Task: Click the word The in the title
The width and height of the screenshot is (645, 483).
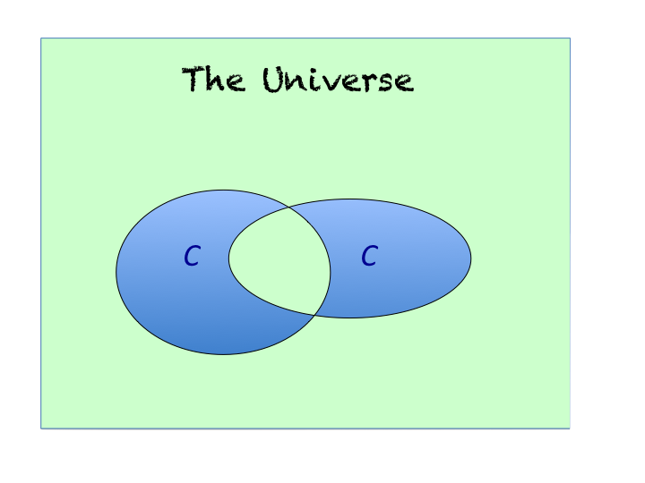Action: (213, 80)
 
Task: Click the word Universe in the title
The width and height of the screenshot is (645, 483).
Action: (338, 80)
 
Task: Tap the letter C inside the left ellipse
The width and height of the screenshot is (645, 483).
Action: (191, 258)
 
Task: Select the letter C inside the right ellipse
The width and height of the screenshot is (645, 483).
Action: (369, 257)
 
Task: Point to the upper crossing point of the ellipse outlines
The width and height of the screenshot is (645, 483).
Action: (289, 208)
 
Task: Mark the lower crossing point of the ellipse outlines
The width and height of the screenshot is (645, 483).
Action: (314, 313)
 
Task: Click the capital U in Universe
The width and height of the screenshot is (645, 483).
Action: (276, 79)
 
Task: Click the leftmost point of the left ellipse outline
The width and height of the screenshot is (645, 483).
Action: (116, 272)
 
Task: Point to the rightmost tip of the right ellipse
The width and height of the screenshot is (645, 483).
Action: (471, 258)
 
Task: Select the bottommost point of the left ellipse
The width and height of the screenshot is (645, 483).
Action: (223, 354)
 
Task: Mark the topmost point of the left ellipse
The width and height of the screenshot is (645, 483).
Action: (223, 190)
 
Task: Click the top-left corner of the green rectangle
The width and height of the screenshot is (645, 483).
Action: (41, 38)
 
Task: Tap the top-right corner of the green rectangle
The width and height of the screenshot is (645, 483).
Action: (570, 38)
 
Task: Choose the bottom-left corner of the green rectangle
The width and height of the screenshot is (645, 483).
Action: (41, 428)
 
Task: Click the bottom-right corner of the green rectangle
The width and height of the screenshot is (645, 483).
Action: (570, 428)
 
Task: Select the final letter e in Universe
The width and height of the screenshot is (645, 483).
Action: (404, 83)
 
